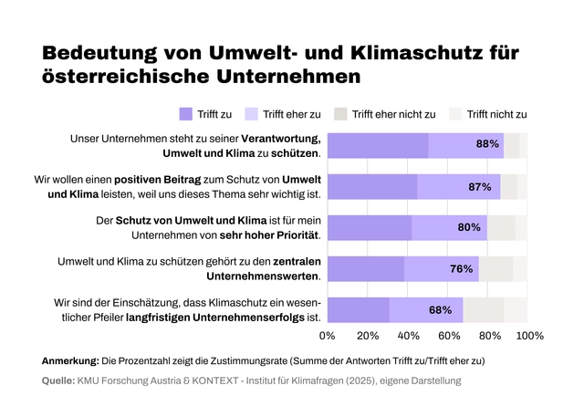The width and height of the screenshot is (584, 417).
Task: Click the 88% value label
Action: click(x=487, y=144)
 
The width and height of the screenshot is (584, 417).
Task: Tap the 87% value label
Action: click(x=480, y=186)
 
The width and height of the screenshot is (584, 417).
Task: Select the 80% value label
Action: click(x=469, y=227)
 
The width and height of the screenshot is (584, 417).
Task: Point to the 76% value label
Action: click(x=461, y=268)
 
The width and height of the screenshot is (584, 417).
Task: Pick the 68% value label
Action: click(x=441, y=309)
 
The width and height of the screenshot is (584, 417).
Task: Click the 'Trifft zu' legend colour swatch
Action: click(x=186, y=114)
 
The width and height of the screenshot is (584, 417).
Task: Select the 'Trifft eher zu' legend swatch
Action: click(x=250, y=114)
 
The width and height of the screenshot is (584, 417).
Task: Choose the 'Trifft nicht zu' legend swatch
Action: click(x=455, y=114)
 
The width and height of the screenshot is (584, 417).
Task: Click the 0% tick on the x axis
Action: click(x=327, y=336)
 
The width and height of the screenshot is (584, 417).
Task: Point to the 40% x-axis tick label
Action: click(x=409, y=336)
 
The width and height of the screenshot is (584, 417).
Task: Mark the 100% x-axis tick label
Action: click(x=529, y=336)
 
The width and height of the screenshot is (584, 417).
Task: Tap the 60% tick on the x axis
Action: click(x=449, y=336)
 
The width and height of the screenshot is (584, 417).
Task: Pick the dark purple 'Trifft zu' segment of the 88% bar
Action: click(x=378, y=145)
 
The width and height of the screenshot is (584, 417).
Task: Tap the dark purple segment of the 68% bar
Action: click(x=358, y=309)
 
